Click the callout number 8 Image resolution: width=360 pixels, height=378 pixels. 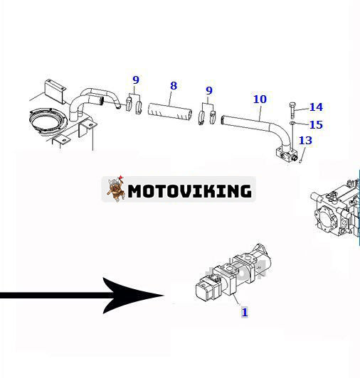[173, 87]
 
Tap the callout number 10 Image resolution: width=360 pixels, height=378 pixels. [259, 99]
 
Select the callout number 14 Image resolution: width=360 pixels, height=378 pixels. [316, 107]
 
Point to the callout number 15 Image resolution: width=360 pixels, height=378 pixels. [316, 124]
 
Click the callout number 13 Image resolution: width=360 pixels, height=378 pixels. [305, 140]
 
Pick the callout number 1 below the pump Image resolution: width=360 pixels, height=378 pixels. [244, 311]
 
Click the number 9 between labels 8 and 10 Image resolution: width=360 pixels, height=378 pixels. [208, 90]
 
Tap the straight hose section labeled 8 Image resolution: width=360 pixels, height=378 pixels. [171, 112]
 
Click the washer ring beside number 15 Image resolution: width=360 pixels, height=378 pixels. [293, 125]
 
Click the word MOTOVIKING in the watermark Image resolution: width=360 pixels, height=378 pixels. [190, 190]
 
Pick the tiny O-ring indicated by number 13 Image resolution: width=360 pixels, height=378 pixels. [301, 158]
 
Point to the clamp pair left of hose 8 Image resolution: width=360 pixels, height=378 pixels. [134, 104]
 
